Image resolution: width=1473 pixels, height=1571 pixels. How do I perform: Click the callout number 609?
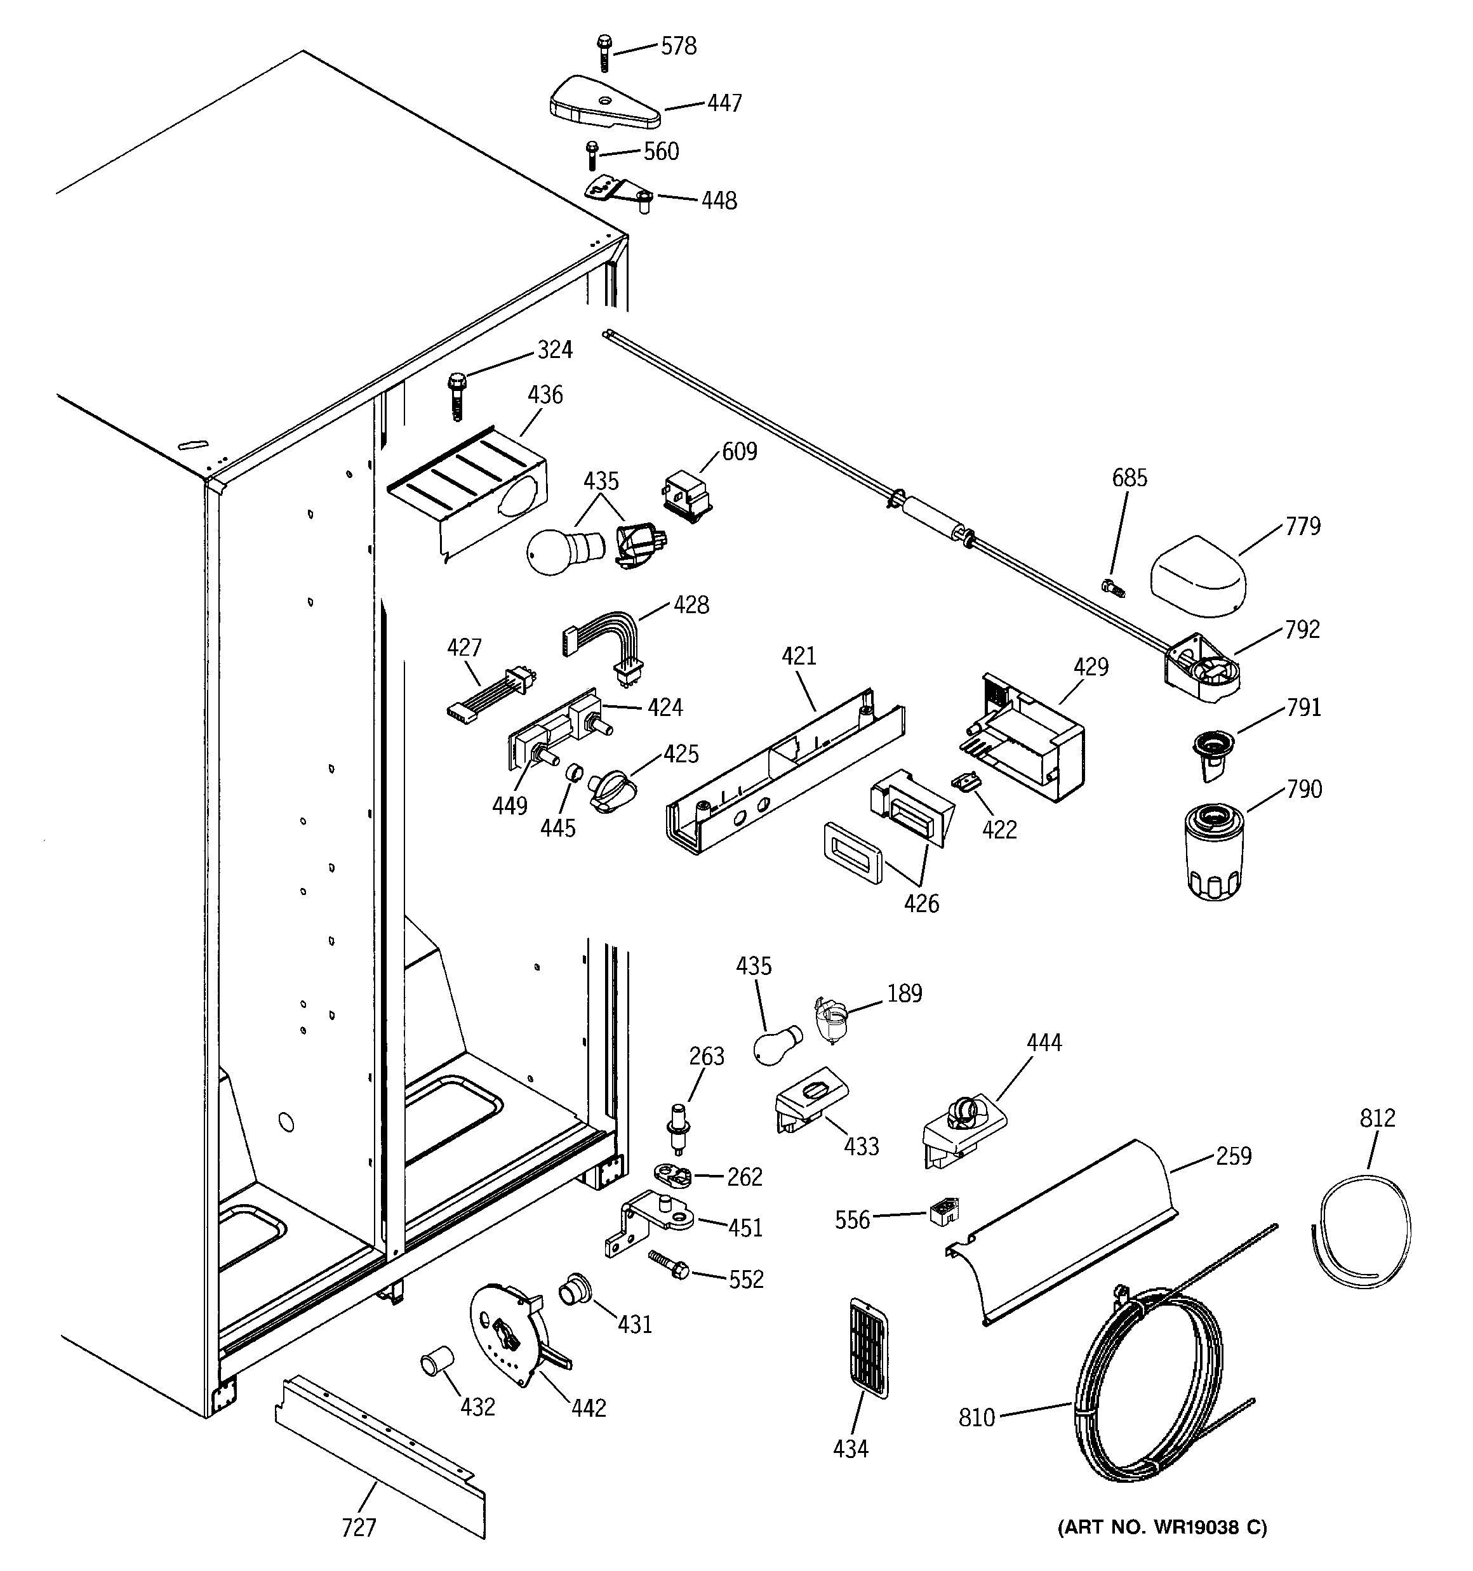click(x=739, y=452)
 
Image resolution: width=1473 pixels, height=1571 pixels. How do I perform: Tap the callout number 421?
click(x=799, y=656)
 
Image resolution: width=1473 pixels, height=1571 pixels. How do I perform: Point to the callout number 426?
click(x=921, y=903)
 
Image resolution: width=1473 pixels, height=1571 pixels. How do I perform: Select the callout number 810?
click(x=976, y=1417)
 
